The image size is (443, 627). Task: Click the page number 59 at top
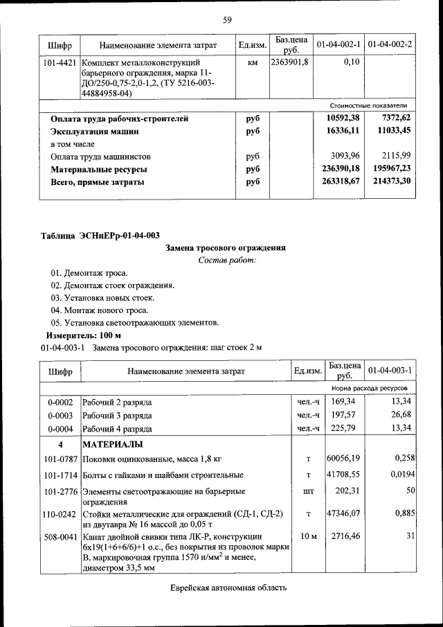[x=226, y=19]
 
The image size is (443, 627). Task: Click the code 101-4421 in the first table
[x=60, y=63]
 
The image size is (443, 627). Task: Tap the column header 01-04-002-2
[x=390, y=45]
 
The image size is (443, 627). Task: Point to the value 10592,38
[x=343, y=118]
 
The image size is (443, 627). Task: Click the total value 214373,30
[x=391, y=182]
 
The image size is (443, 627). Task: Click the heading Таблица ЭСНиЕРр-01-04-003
[x=100, y=235]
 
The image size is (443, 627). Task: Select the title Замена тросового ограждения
[x=226, y=247]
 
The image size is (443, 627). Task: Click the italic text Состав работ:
[x=226, y=260]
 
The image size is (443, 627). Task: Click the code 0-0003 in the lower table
[x=60, y=414]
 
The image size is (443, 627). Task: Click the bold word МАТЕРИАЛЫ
[x=113, y=443]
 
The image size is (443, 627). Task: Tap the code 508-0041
[x=60, y=536]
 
